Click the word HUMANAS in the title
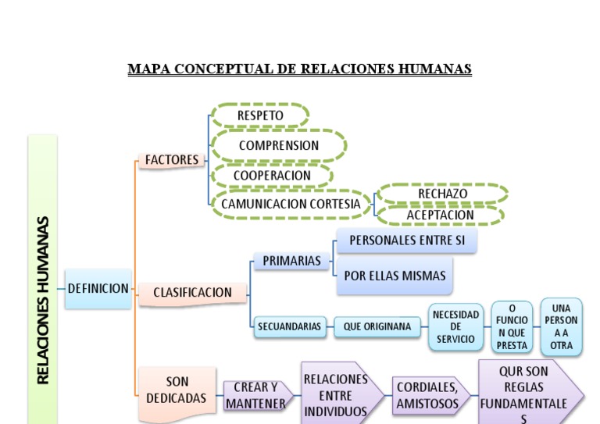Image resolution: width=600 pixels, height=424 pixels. coord(435,69)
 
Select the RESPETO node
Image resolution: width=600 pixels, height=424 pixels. coord(260,116)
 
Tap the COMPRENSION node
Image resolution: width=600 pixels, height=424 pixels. coord(279,145)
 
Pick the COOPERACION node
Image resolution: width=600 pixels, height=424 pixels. coord(272,176)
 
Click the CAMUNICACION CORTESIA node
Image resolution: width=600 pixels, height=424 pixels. coord(291,204)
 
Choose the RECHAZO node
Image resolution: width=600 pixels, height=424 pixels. coord(442,194)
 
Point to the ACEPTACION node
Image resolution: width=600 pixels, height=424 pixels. coord(440,215)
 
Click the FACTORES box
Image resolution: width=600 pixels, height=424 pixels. coord(172,160)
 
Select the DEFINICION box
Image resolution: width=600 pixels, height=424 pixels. coord(98,288)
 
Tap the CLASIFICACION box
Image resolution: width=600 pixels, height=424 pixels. coord(192,293)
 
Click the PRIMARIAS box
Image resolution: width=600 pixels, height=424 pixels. coord(291,261)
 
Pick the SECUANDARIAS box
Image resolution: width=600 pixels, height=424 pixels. coord(290,327)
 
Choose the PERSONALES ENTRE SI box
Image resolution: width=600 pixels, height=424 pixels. coord(406,241)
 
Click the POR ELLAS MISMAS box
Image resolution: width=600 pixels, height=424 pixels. coord(395,276)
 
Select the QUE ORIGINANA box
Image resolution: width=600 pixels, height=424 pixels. coord(377,327)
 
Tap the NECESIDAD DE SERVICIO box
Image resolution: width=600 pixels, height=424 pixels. coord(455,327)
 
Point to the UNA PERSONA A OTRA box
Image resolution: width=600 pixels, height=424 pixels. coord(561,326)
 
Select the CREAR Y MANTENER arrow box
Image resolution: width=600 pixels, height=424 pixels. coord(255,395)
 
